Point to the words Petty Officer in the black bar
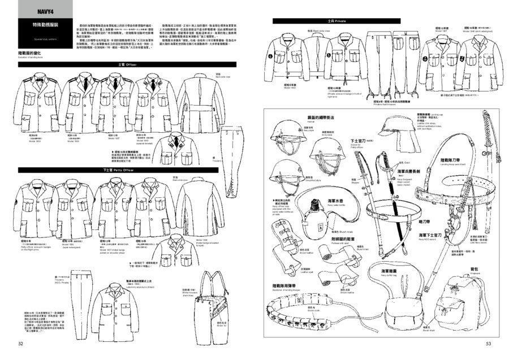coord(123,170)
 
